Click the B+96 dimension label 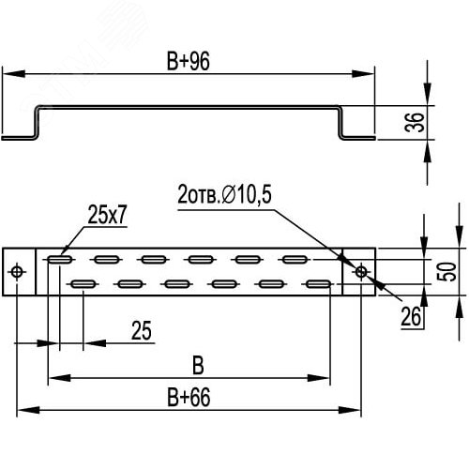(x=188, y=61)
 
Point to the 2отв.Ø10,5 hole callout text (x=222, y=196)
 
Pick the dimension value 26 (x=410, y=319)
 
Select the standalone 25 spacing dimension (x=142, y=330)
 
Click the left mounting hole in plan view (x=19, y=272)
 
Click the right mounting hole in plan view (x=362, y=272)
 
